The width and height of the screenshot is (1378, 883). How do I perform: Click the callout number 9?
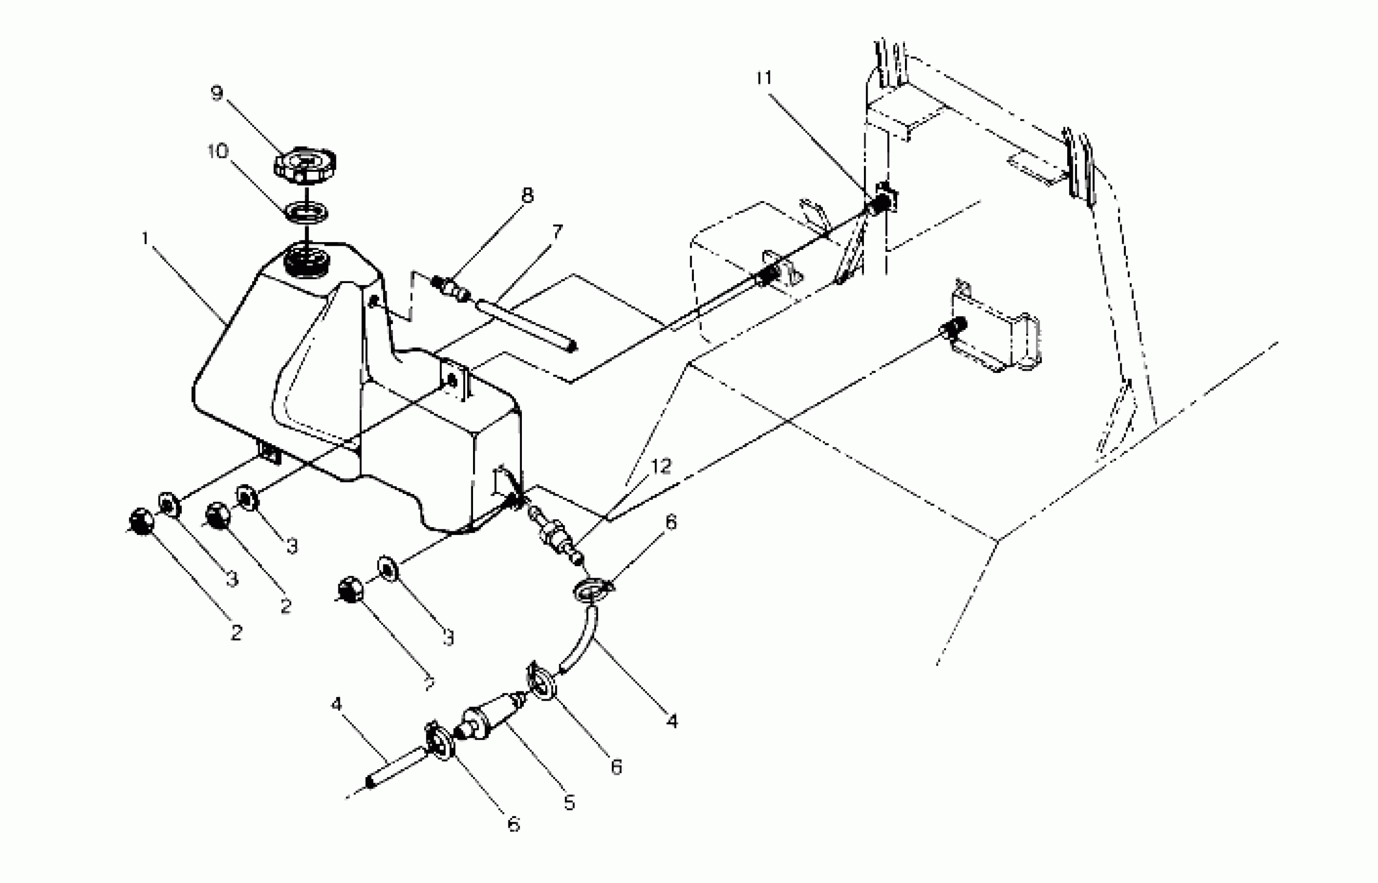pyautogui.click(x=217, y=93)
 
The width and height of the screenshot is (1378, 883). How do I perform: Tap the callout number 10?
pyautogui.click(x=218, y=151)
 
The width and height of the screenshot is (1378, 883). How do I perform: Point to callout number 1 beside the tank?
pyautogui.click(x=146, y=237)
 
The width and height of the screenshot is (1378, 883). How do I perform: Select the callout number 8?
pyautogui.click(x=527, y=195)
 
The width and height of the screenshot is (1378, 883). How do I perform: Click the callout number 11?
pyautogui.click(x=764, y=77)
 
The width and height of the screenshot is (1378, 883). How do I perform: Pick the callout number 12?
pyautogui.click(x=661, y=466)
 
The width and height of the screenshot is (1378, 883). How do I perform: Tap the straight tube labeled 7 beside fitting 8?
pyautogui.click(x=525, y=325)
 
